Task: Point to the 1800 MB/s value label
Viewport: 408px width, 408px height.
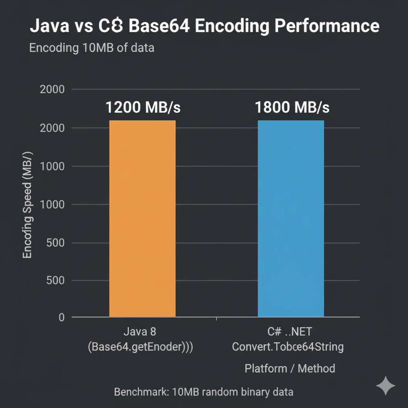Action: point(292,107)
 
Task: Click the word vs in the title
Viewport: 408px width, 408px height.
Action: point(84,26)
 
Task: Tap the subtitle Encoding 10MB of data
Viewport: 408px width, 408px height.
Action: point(92,48)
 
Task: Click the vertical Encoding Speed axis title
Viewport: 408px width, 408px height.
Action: point(27,205)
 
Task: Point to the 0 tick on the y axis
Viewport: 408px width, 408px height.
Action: point(61,318)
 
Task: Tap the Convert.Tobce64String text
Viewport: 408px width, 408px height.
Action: point(288,347)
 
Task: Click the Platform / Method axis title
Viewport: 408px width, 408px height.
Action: point(290,368)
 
